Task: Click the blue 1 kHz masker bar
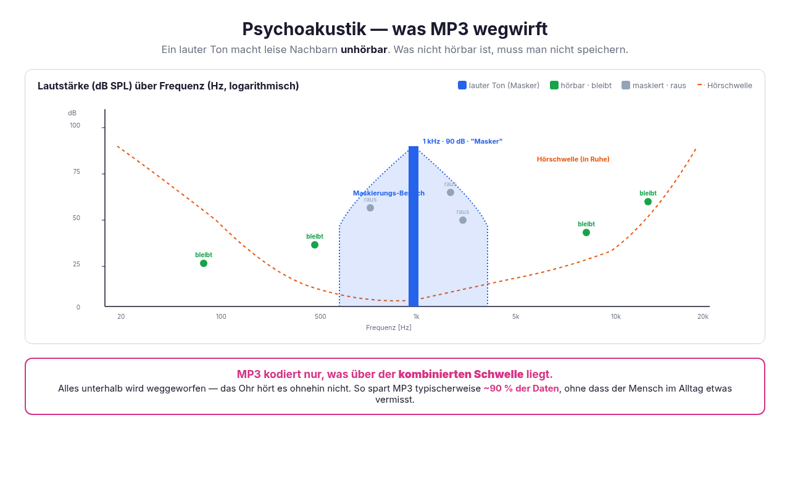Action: pos(414,226)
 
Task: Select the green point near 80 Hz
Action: pos(204,263)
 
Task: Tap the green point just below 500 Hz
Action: pos(315,245)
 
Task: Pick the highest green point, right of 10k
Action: pos(648,202)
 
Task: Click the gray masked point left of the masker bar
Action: pos(370,208)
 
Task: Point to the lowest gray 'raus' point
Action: pos(463,220)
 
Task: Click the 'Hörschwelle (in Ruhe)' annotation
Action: pos(573,159)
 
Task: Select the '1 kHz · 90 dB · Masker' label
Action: pos(462,141)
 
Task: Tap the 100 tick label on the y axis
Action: pos(75,125)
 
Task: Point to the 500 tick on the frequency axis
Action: pos(320,316)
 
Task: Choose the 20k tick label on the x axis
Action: pos(703,316)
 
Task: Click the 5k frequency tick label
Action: pos(515,316)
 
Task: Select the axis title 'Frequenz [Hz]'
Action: pos(389,327)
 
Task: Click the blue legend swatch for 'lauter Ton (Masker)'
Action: pos(462,85)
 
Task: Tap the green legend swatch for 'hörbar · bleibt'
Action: pos(554,85)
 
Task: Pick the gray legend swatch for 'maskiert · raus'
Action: pos(626,85)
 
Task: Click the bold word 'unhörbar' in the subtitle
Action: pos(364,50)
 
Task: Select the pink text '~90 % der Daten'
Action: pos(522,388)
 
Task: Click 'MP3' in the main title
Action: pos(449,29)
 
